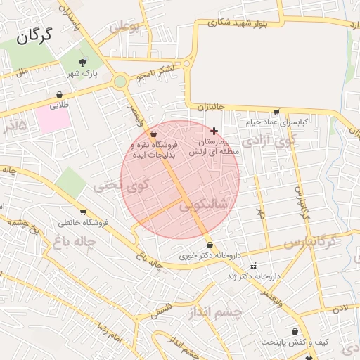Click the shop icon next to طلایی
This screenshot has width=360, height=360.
tap(60, 94)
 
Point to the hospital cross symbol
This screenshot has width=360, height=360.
tap(214, 131)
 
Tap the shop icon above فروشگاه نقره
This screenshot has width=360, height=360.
tap(154, 133)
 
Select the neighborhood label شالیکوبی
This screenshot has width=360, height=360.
tap(203, 205)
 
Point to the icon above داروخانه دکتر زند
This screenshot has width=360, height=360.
tap(253, 266)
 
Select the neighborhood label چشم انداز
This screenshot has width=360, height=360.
tap(216, 312)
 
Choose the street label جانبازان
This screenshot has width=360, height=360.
tap(210, 107)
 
